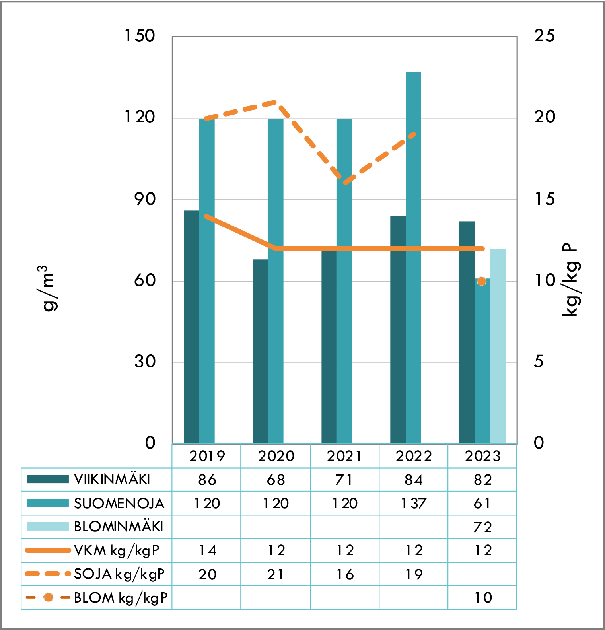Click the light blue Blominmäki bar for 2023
pyautogui.click(x=498, y=346)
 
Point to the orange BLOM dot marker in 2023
pyautogui.click(x=482, y=282)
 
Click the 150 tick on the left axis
pyautogui.click(x=140, y=36)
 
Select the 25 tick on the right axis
pyautogui.click(x=544, y=36)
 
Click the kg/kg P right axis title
pyautogui.click(x=570, y=280)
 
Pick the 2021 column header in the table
pyautogui.click(x=344, y=456)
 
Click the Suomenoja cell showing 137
pyautogui.click(x=414, y=504)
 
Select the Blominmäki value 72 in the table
pyautogui.click(x=482, y=527)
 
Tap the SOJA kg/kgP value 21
pyautogui.click(x=276, y=574)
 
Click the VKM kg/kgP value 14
pyautogui.click(x=207, y=550)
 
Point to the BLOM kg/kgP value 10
pyautogui.click(x=483, y=598)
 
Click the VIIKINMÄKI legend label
pyautogui.click(x=112, y=480)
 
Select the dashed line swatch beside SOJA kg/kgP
pyautogui.click(x=48, y=574)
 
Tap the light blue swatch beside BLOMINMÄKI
pyautogui.click(x=48, y=527)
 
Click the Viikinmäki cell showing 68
pyautogui.click(x=276, y=480)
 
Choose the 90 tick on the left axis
pyautogui.click(x=145, y=199)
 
